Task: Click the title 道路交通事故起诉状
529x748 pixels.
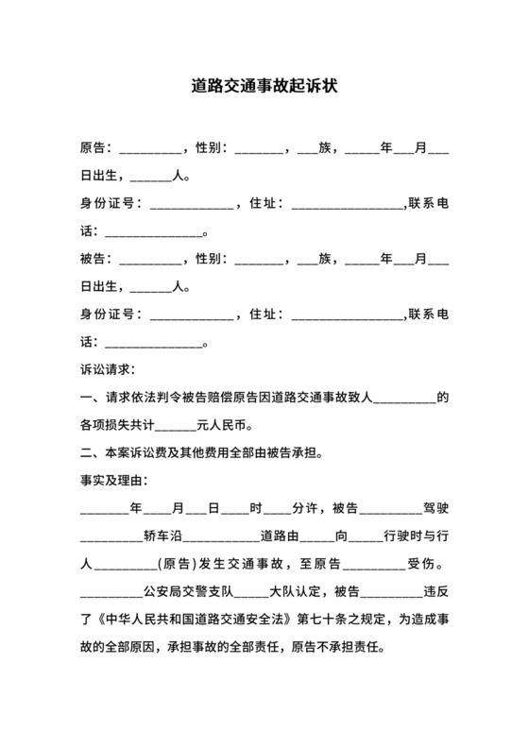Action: [x=264, y=86]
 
